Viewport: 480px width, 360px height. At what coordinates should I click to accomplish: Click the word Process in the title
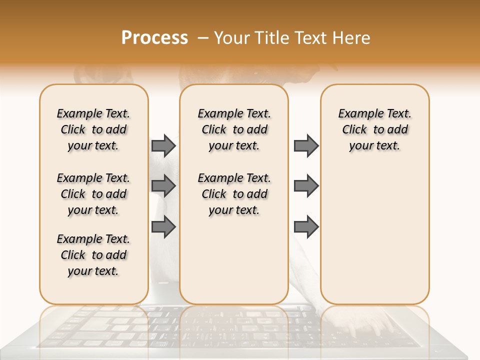coord(154,37)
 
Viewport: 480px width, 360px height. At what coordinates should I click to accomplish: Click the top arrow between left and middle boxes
coord(163,145)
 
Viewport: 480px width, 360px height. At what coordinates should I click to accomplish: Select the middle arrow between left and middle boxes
coord(163,186)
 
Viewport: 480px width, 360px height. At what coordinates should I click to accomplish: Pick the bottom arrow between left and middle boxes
coord(163,226)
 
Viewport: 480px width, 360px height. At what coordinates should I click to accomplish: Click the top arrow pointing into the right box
coord(306,145)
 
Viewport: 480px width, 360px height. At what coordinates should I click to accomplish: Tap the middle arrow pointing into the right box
coord(306,186)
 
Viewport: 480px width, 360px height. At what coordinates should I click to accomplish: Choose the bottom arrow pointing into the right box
coord(306,227)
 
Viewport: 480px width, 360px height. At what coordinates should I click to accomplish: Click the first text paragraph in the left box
coord(93,129)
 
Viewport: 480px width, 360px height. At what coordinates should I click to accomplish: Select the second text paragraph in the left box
coord(93,194)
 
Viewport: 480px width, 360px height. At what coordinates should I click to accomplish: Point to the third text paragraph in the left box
coord(93,255)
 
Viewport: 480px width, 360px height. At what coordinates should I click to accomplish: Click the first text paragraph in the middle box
coord(234,129)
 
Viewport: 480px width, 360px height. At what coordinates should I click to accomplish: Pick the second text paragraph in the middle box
coord(234,194)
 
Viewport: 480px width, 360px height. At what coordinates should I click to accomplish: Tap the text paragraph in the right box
coord(375,129)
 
